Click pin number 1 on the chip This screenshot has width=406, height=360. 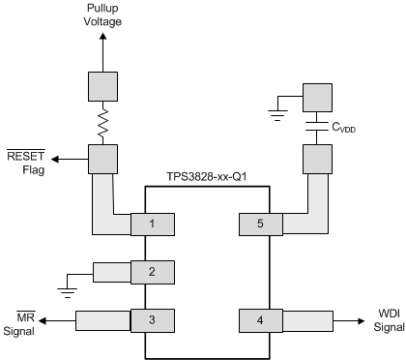tap(153, 225)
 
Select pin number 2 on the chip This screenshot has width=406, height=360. tap(153, 272)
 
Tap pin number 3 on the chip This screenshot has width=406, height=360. tap(153, 318)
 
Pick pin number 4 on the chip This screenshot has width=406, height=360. tap(260, 318)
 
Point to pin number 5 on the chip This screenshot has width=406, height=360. tap(260, 225)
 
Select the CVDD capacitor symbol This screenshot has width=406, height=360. tap(317, 127)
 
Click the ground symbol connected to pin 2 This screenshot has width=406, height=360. tap(65, 286)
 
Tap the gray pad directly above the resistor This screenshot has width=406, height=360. tap(103, 85)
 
